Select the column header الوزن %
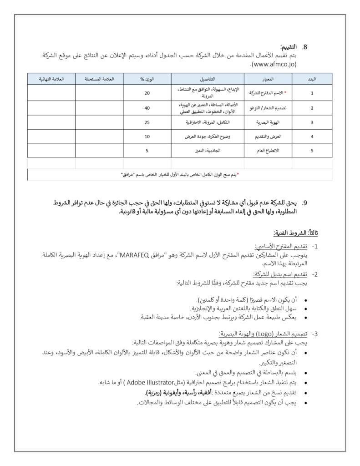tap(147, 79)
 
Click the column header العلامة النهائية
tap(51, 79)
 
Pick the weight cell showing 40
tap(147, 108)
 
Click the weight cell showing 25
tap(147, 122)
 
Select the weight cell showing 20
tap(147, 93)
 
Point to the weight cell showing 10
tap(147, 137)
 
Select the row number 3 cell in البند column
tap(312, 122)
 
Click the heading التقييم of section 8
tap(288, 47)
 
